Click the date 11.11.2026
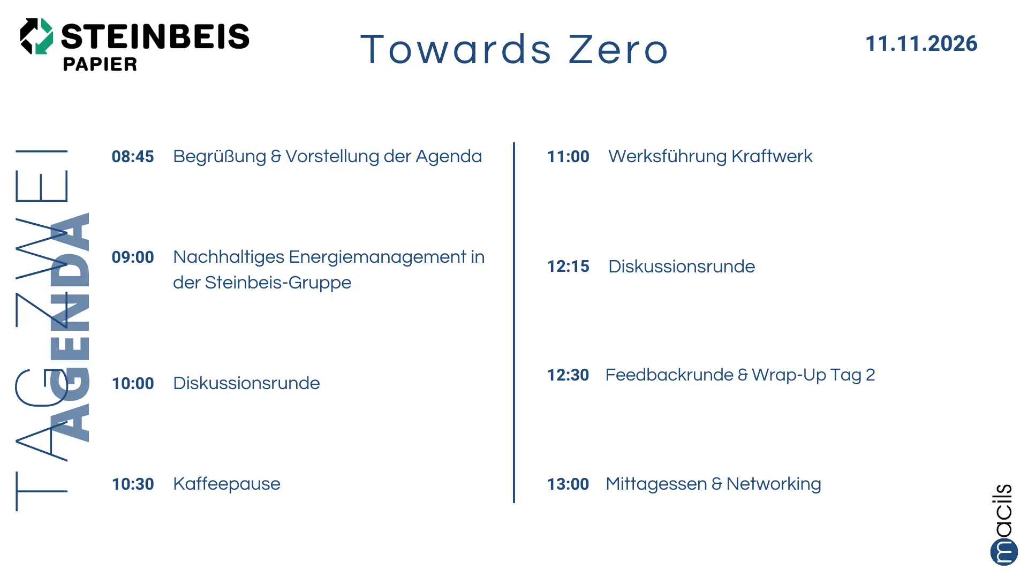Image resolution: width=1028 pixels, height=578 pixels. click(x=921, y=44)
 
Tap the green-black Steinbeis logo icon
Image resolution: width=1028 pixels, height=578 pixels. click(x=36, y=36)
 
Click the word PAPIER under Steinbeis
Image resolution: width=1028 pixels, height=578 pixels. click(x=100, y=64)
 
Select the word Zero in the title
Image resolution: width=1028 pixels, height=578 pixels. click(x=618, y=49)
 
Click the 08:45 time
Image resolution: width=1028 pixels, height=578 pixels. click(x=133, y=156)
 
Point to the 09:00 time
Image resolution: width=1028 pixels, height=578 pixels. click(x=133, y=257)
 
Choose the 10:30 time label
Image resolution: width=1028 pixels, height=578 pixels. click(x=133, y=484)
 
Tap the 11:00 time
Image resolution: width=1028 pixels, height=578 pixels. click(x=568, y=156)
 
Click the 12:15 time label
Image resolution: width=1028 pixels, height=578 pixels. click(x=568, y=267)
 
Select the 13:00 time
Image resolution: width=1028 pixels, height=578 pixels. click(x=568, y=484)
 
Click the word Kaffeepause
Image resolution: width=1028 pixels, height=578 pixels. click(x=226, y=484)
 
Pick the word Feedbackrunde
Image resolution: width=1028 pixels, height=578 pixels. click(x=669, y=375)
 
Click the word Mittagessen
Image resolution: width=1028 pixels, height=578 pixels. click(x=656, y=484)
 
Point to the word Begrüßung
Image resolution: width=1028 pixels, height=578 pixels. click(x=220, y=156)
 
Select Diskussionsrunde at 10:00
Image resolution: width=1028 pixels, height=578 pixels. click(x=246, y=383)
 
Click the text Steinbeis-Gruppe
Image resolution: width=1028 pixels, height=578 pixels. click(x=278, y=283)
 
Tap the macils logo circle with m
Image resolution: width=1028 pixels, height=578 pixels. click(x=1004, y=551)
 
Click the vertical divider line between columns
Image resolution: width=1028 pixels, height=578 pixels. click(x=514, y=322)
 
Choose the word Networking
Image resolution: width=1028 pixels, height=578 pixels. click(x=774, y=484)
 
